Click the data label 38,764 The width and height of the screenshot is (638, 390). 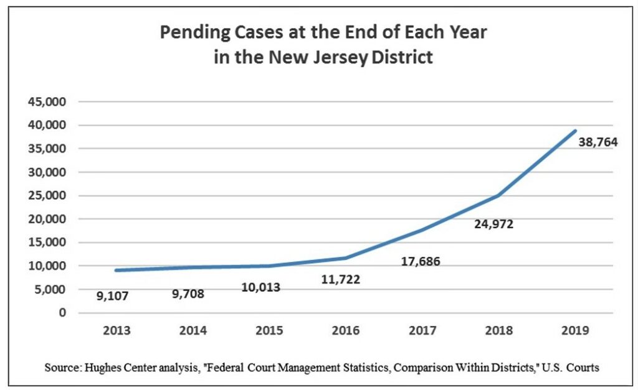(x=598, y=142)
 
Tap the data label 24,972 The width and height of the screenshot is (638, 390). (x=493, y=224)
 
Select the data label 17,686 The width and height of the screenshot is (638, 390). (x=420, y=262)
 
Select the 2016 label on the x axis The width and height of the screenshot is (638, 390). (x=346, y=331)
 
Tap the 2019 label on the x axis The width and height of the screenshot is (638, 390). (x=574, y=331)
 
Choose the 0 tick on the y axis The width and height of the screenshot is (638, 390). (x=63, y=312)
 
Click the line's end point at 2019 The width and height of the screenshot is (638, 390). (x=574, y=131)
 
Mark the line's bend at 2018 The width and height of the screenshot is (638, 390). (x=498, y=195)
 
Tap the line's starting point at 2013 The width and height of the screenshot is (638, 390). (x=116, y=270)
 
